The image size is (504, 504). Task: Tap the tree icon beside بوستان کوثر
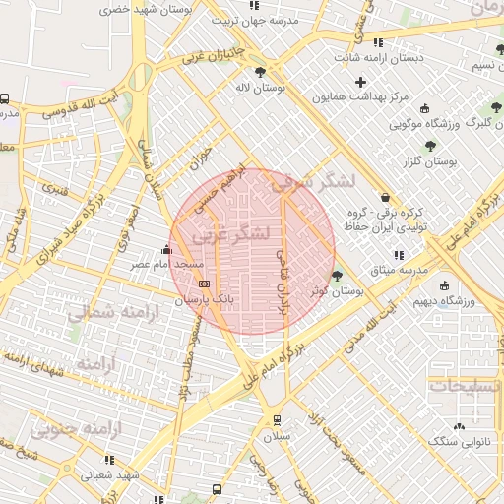click(x=338, y=276)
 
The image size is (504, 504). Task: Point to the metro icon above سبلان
click(x=277, y=418)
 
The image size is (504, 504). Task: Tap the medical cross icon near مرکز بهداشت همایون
click(x=360, y=81)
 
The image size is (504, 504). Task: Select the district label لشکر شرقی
click(x=304, y=180)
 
